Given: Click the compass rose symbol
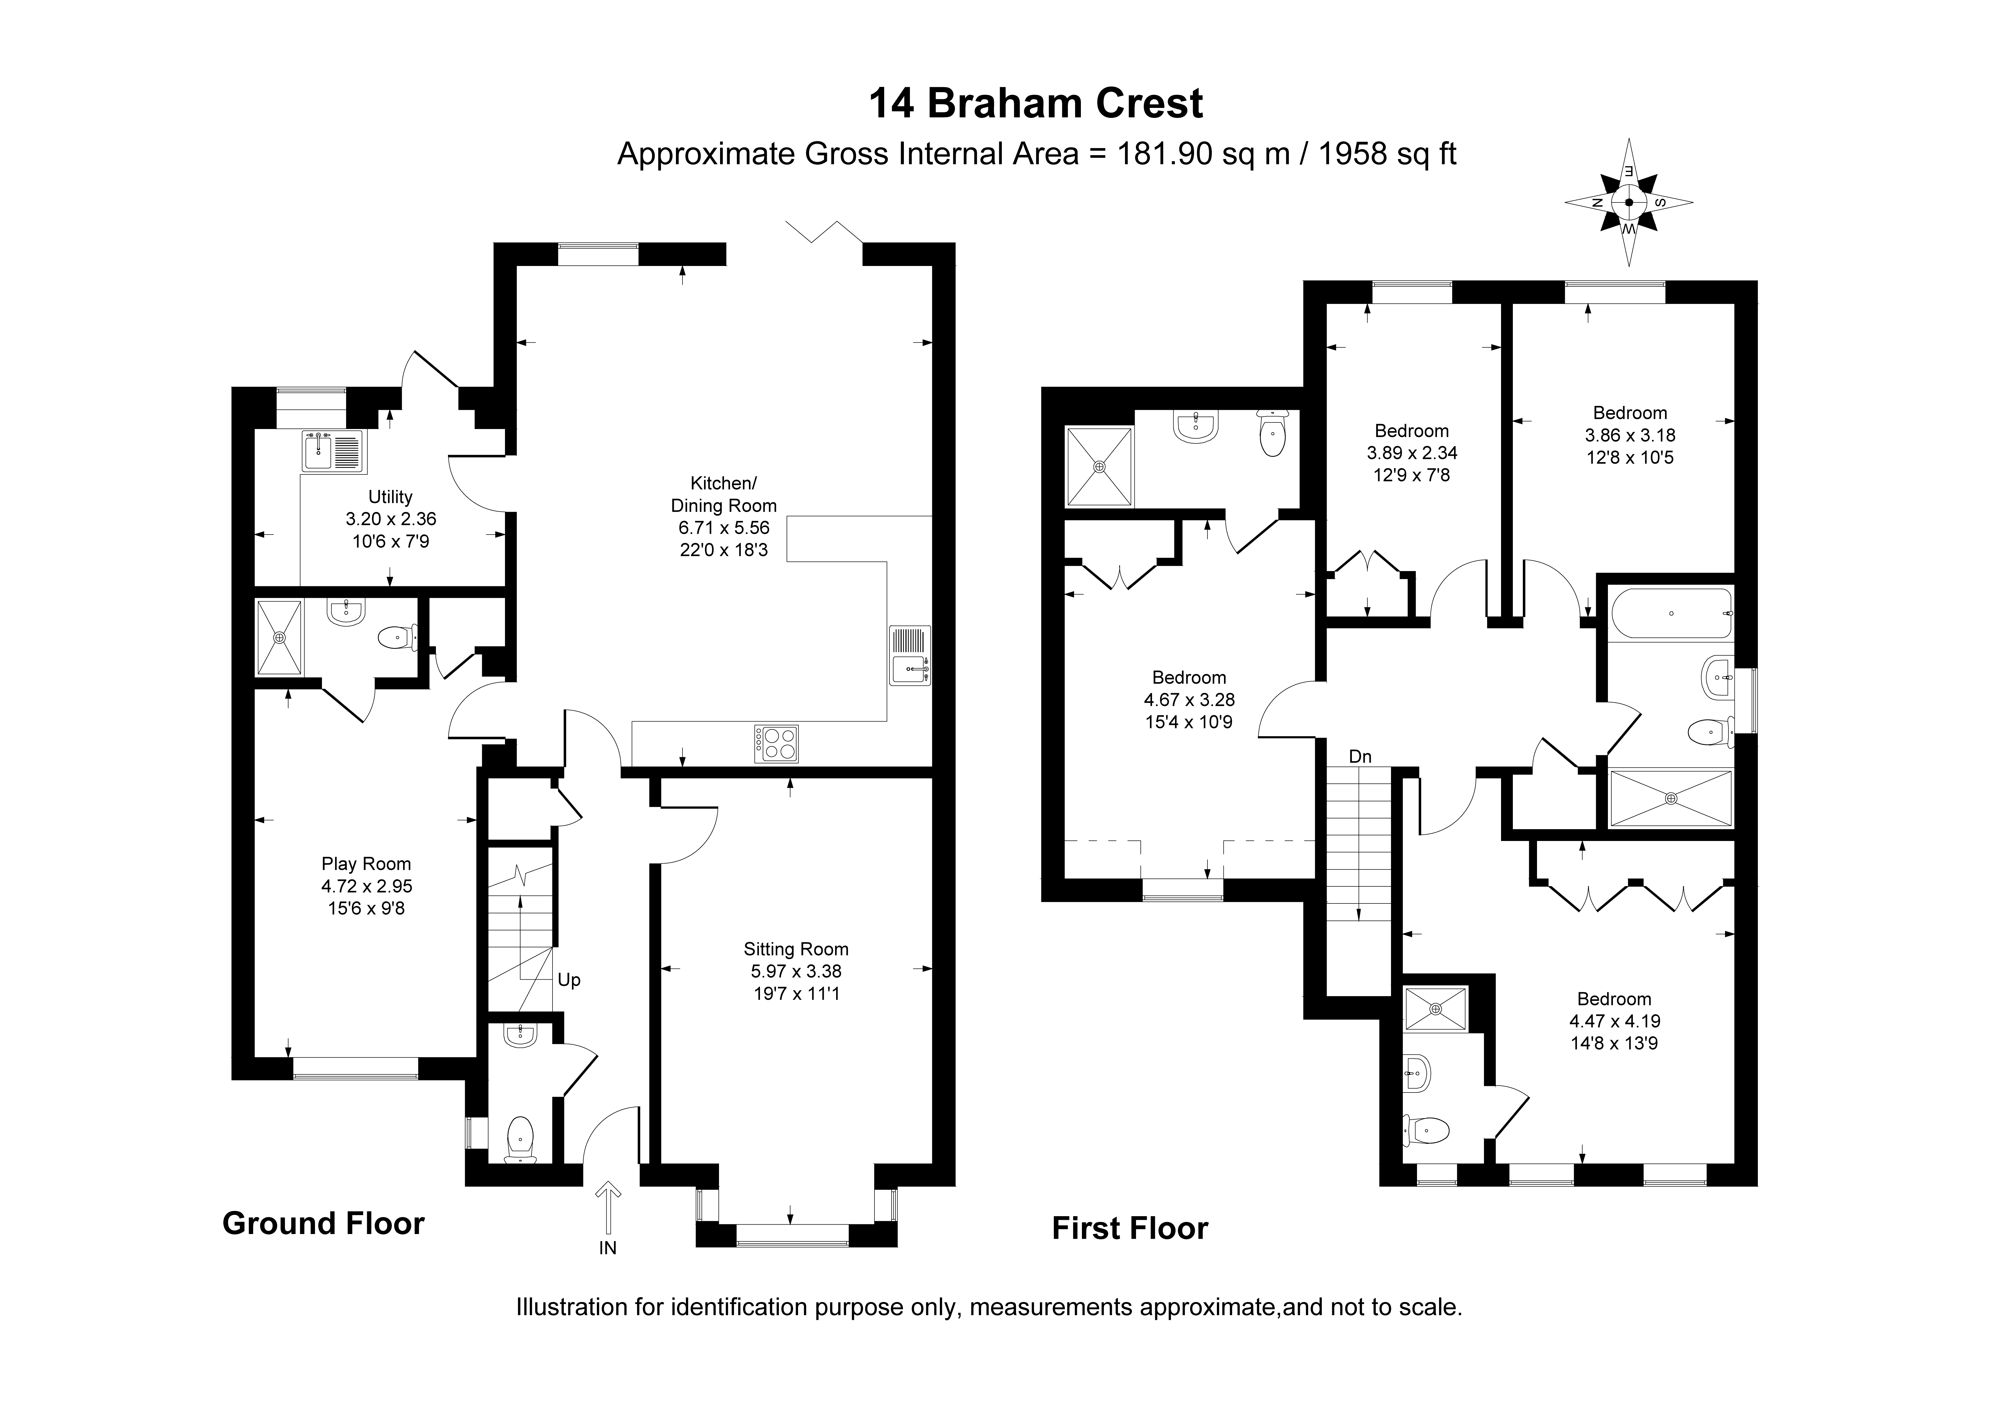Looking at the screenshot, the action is click(x=1629, y=203).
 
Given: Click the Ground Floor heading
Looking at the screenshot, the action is click(x=323, y=1223).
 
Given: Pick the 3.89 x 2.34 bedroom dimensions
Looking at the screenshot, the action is click(x=1412, y=452).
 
